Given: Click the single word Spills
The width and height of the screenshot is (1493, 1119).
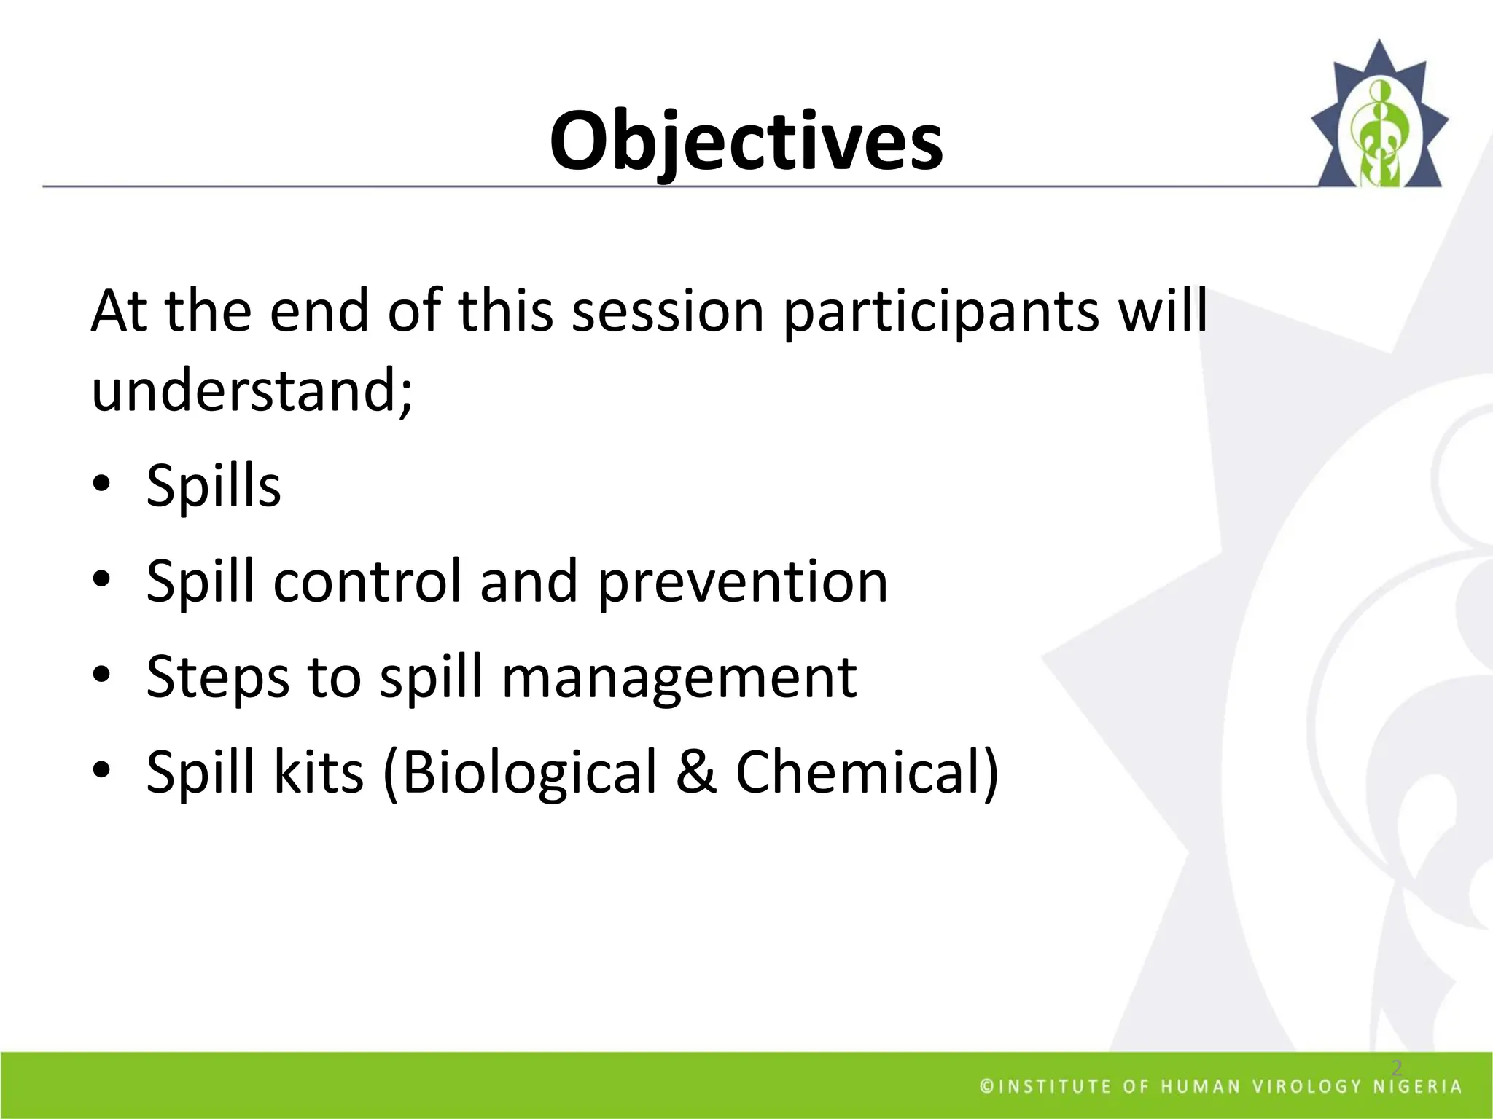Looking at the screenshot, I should tap(213, 487).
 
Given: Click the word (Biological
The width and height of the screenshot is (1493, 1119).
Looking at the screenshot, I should tap(519, 773).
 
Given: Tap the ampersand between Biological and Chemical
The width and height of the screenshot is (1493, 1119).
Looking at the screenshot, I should tap(695, 772).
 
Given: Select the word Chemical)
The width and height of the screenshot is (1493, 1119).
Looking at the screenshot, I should tap(866, 772).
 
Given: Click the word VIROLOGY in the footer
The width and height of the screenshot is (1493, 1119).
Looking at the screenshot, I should tap(1306, 1087).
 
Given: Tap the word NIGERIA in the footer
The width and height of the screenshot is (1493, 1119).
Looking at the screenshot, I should tap(1418, 1087).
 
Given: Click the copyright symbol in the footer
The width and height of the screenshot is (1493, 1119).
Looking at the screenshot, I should tap(986, 1087).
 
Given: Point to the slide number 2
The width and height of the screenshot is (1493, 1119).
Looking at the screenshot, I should tap(1397, 1068).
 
